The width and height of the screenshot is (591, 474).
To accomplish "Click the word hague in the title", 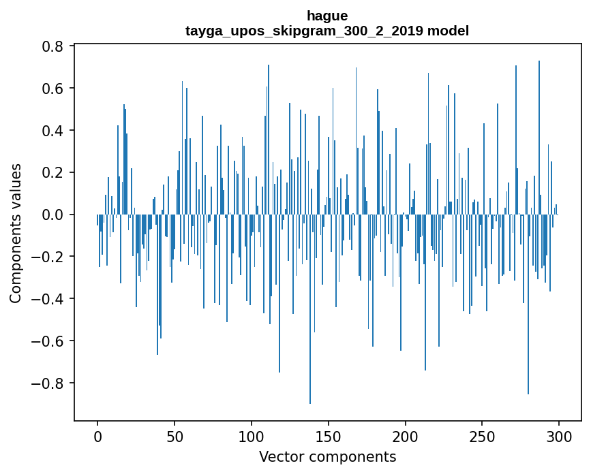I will coord(327,16).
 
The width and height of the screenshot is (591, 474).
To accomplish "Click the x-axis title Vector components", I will coord(327,456).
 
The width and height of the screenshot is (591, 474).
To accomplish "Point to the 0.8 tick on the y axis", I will coord(55,46).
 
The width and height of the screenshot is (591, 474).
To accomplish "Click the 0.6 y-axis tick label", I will coord(55,89).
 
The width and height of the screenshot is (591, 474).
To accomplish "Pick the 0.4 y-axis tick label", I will coord(55,131).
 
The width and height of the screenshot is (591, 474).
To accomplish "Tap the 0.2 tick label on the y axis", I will coord(55,172).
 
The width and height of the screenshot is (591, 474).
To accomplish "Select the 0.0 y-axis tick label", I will coord(55,215).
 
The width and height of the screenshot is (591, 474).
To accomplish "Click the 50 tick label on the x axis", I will coord(175,435).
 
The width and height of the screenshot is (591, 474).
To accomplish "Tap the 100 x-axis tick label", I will coord(252,435).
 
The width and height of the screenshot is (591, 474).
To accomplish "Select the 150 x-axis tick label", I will coord(329,435).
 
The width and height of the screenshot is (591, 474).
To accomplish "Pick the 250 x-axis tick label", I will coord(483,435).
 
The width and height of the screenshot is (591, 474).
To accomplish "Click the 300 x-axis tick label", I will coord(560,435).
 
